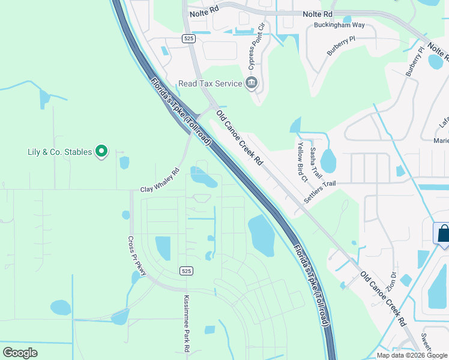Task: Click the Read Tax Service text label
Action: (209, 83)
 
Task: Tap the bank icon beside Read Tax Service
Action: (252, 83)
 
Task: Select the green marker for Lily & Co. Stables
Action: (102, 151)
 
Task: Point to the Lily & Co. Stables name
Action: (59, 152)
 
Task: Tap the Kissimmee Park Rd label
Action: (187, 323)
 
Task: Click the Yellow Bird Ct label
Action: (301, 161)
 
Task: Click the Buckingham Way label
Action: (339, 25)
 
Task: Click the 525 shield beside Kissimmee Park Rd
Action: (185, 271)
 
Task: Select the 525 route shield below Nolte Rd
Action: (189, 38)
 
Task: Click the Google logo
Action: (20, 353)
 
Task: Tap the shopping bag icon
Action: (443, 233)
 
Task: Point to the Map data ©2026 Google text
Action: (412, 355)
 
